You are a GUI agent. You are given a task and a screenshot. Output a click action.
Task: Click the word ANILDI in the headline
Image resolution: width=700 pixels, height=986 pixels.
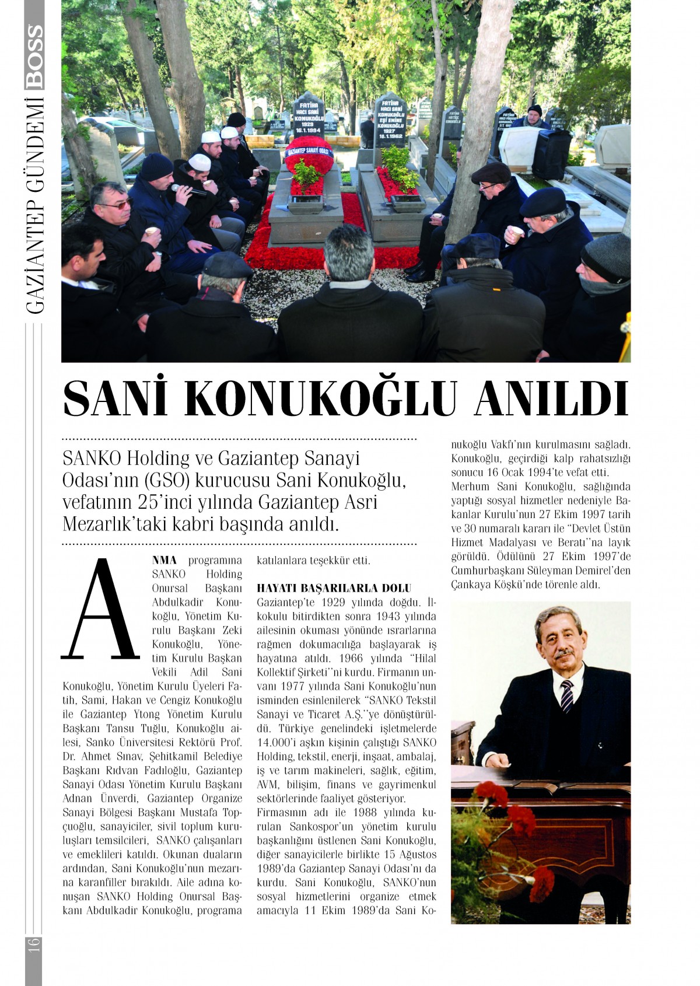[x=551, y=399]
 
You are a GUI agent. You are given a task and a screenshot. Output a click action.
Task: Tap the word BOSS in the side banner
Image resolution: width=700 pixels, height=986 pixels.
[x=34, y=57]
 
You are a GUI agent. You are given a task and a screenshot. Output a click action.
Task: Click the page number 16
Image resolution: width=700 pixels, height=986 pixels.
[x=33, y=943]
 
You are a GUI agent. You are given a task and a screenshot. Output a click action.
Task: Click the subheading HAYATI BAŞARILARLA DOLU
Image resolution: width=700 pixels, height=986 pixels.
[x=334, y=588]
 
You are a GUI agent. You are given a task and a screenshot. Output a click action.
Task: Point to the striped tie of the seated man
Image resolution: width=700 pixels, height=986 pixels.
[x=566, y=695]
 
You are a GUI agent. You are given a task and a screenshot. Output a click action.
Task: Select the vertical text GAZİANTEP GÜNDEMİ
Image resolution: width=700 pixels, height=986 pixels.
[x=34, y=207]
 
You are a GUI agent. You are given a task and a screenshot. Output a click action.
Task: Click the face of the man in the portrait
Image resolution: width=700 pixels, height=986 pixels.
[x=558, y=636]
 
